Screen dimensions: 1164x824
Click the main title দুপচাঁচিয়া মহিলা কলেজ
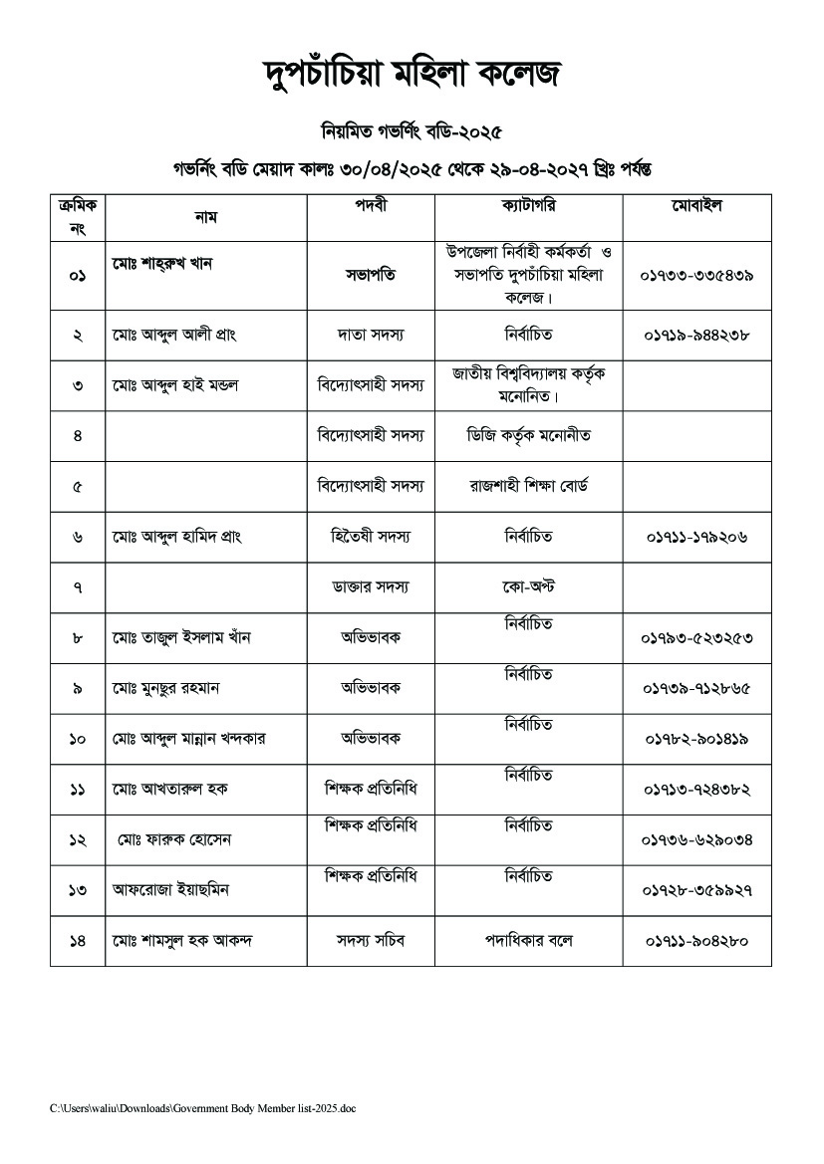(x=412, y=74)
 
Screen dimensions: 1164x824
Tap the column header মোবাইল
(x=696, y=207)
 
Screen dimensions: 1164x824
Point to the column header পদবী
(x=371, y=207)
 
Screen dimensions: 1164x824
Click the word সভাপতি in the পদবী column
(x=371, y=275)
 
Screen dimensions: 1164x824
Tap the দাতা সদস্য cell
(x=371, y=337)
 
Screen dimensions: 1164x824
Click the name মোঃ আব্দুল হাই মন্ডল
(x=175, y=385)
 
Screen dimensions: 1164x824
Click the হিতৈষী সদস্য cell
(x=371, y=537)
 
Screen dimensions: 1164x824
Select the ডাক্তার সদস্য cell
(x=371, y=587)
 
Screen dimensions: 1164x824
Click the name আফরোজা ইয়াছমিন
(x=170, y=890)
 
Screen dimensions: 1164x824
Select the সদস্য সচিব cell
(x=371, y=940)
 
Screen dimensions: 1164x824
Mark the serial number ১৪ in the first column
(x=78, y=941)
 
